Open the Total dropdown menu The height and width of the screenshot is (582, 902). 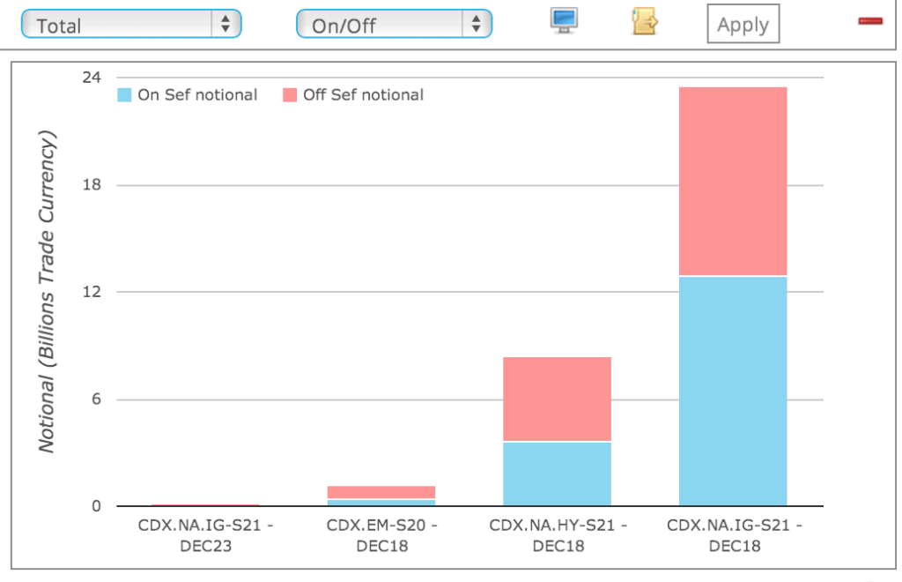[130, 25]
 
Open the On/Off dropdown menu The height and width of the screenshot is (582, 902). [394, 25]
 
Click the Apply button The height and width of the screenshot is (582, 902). [743, 25]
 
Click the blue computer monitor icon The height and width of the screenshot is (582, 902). [564, 20]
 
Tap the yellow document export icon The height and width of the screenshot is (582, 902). [644, 21]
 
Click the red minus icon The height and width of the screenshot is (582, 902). [870, 20]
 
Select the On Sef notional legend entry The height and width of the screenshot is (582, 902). [187, 95]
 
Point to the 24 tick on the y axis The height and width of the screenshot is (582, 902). [92, 78]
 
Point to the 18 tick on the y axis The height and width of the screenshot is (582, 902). [92, 185]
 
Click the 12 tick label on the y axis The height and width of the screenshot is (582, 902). [92, 292]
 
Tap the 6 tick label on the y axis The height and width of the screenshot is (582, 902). [95, 399]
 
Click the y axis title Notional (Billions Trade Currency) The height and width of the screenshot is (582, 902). [47, 291]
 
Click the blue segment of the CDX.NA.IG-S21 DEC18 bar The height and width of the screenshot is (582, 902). [732, 391]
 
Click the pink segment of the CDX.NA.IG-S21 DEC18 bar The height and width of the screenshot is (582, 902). [732, 182]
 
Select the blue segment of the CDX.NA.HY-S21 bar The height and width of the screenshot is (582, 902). [557, 474]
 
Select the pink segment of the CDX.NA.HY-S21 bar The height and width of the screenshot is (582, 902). [557, 399]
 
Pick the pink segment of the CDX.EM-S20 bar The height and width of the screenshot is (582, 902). [381, 492]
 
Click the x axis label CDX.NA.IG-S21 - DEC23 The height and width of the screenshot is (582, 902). [205, 535]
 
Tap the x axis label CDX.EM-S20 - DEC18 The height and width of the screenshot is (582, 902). [381, 535]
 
